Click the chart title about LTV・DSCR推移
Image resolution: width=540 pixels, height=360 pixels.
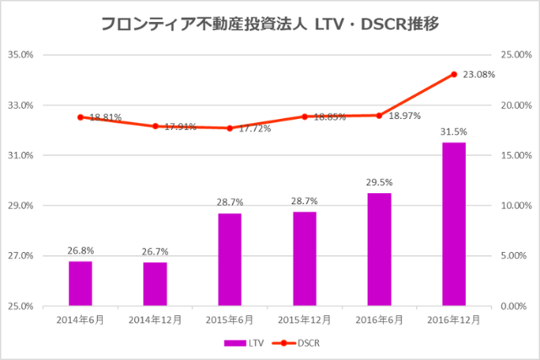coord(269,24)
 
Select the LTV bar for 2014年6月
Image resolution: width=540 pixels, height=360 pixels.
coord(80,283)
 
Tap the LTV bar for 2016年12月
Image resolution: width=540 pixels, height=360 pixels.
coord(454,224)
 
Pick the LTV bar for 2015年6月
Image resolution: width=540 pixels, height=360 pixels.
coord(229,260)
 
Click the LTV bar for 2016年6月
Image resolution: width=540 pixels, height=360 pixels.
coord(379,250)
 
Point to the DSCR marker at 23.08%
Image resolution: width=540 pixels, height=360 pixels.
coord(454,74)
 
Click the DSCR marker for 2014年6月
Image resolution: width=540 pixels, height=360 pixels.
coord(80,117)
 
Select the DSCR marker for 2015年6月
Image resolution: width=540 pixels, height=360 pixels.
coord(229,128)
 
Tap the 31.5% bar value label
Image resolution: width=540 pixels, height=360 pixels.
coord(454,132)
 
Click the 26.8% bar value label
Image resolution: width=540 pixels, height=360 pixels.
coord(80,250)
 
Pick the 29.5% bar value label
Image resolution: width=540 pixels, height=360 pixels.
coord(379,182)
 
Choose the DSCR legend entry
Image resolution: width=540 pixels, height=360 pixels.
coord(299,343)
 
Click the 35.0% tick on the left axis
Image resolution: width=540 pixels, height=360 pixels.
coord(20,55)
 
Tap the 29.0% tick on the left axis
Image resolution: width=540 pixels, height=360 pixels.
coord(20,206)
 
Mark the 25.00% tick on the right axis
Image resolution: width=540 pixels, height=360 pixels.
coord(516,55)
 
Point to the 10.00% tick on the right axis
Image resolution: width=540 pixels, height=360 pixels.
coord(516,206)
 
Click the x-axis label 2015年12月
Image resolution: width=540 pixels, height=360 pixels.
coord(304,320)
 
